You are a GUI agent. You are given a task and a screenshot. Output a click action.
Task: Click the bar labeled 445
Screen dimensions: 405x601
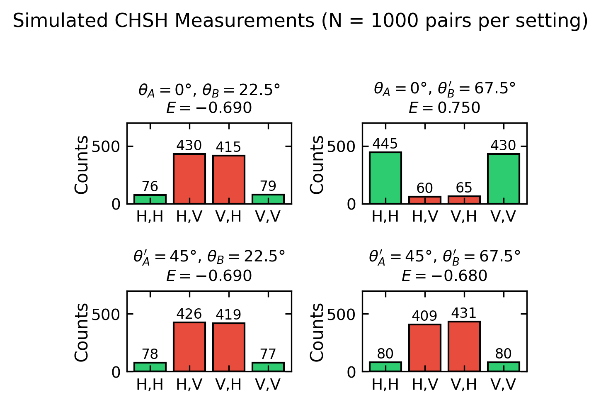[x=385, y=178]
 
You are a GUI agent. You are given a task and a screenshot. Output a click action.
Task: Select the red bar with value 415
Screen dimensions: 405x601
[x=228, y=180]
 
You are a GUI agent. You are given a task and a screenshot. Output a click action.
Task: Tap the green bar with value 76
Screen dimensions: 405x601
[x=150, y=200]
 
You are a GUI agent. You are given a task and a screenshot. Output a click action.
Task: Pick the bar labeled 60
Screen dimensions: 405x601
[x=424, y=200]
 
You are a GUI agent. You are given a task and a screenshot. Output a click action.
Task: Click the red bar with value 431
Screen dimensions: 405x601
[x=464, y=346]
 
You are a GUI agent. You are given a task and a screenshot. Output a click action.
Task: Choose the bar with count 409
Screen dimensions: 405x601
[x=424, y=348]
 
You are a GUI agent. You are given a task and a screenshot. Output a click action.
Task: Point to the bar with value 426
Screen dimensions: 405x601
[x=189, y=347]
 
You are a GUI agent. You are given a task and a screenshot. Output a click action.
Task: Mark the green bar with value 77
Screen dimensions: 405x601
[x=268, y=367]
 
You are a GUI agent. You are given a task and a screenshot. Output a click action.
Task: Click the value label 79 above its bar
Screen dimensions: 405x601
[x=268, y=186]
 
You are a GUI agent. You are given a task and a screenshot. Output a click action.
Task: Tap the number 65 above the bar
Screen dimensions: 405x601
[x=464, y=188]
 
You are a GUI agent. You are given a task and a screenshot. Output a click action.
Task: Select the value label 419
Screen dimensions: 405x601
[x=228, y=315]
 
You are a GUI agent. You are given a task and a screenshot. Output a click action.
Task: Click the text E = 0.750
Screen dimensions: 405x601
[x=444, y=108]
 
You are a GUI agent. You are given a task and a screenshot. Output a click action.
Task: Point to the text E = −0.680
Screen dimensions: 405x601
[x=444, y=276]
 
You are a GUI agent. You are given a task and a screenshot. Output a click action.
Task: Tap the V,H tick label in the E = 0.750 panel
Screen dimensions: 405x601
[x=464, y=217]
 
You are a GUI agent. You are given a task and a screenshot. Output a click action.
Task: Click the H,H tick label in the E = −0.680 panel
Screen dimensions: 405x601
[x=385, y=385]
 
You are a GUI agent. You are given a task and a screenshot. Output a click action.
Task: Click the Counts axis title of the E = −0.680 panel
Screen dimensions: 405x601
[x=317, y=332]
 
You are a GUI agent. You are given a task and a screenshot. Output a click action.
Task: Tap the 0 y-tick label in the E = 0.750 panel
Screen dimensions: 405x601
[x=352, y=205]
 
